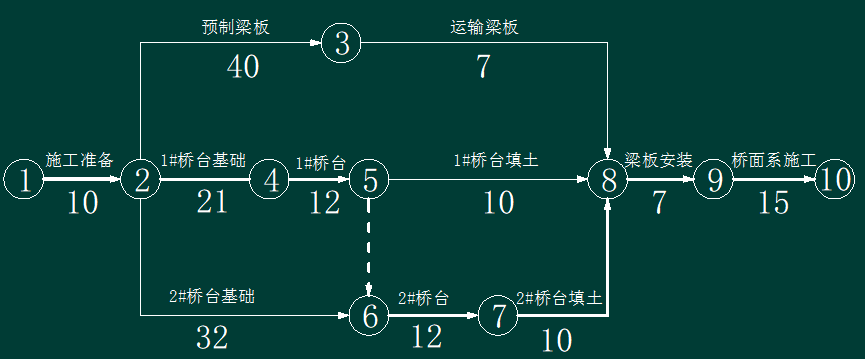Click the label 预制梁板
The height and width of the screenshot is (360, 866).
coord(236,28)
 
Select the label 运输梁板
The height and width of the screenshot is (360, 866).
coord(484,28)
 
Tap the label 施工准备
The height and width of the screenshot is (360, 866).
coord(79,161)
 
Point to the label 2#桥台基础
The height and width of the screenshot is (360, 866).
coord(213,297)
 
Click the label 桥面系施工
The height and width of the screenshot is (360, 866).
coord(774,161)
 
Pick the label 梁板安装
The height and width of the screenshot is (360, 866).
coord(658,161)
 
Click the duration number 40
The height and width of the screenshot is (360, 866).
coord(243,67)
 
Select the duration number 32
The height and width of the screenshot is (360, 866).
coord(212,337)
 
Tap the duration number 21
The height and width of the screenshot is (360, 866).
coord(212,202)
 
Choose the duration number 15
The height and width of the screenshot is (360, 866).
coord(773,203)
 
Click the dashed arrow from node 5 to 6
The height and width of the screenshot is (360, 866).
coord(369,247)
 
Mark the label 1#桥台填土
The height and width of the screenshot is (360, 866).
coord(495,161)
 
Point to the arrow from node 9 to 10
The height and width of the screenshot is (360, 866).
coord(774,179)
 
